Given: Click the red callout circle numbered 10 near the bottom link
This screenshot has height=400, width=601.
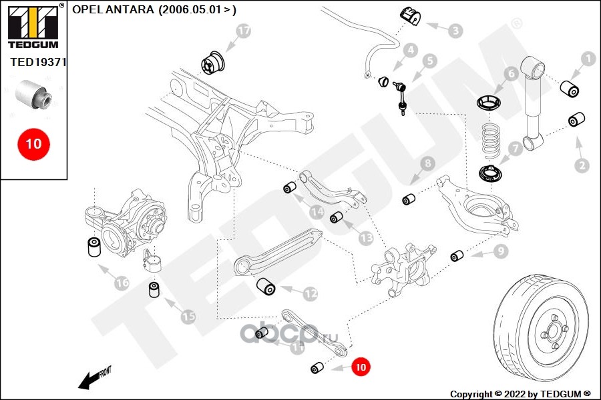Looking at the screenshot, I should [x=360, y=366].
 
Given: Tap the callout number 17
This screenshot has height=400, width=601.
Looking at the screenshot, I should [x=244, y=31].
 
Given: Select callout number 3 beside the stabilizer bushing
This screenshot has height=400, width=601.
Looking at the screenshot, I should [x=455, y=30].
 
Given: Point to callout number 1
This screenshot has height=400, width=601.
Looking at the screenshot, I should [x=588, y=59].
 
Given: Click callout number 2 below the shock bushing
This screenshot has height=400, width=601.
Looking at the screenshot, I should [x=582, y=165].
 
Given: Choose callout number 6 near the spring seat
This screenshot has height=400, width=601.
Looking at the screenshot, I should [x=510, y=74].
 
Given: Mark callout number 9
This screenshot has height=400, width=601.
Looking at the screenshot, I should [x=501, y=251].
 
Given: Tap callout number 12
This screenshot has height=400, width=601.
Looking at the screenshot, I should [x=311, y=293].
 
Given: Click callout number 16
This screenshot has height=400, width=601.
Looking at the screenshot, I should [x=121, y=283].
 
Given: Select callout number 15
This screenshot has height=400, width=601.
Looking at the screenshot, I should [x=188, y=317].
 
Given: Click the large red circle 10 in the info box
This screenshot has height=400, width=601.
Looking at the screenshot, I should [x=33, y=143].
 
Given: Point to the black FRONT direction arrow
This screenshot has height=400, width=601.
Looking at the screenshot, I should [x=92, y=379].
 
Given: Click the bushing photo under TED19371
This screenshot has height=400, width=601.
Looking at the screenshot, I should [x=34, y=93].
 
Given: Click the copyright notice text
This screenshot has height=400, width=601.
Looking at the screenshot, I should [x=520, y=393].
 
